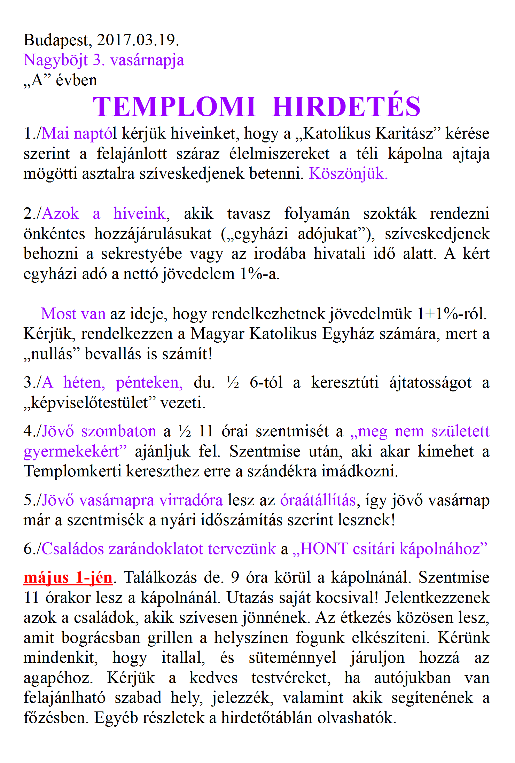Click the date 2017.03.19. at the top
pyautogui.click(x=138, y=40)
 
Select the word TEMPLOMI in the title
pyautogui.click(x=174, y=107)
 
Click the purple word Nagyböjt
pyautogui.click(x=56, y=61)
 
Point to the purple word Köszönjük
pyautogui.click(x=348, y=173)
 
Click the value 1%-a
pyautogui.click(x=260, y=274)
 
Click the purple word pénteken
pyautogui.click(x=149, y=382)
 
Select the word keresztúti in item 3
pyautogui.click(x=345, y=382)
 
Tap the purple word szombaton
pyautogui.click(x=119, y=431)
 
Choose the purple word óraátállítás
pyautogui.click(x=318, y=500)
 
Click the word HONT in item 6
pyautogui.click(x=324, y=548)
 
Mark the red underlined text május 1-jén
pyautogui.click(x=68, y=577)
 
